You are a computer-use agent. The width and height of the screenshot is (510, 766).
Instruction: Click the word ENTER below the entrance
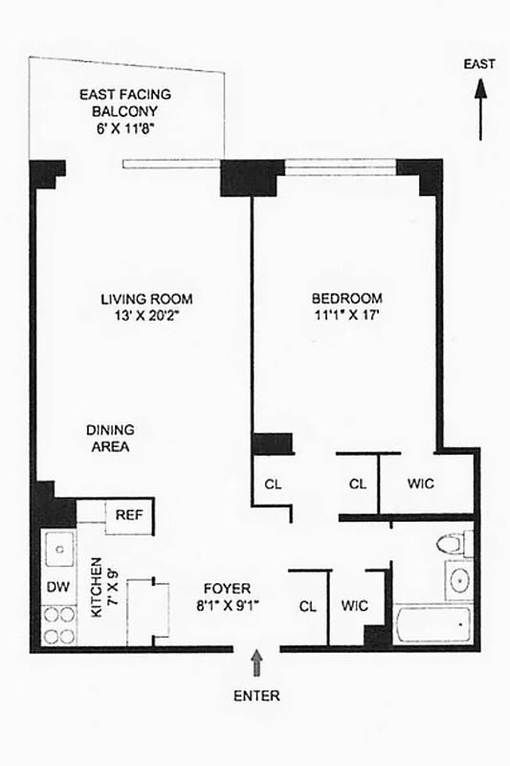[256, 696]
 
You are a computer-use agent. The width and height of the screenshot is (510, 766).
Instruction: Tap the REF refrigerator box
[128, 514]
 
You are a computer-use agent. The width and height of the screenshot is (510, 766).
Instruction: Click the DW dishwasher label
[55, 587]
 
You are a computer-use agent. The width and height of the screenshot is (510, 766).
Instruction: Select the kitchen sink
[58, 550]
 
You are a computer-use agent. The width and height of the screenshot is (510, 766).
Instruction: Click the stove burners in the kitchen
[58, 625]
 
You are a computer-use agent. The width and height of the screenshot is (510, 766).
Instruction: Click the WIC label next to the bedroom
[420, 484]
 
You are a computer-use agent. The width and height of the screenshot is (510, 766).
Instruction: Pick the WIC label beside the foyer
[355, 606]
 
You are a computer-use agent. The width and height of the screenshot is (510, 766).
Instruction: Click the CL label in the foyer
[308, 606]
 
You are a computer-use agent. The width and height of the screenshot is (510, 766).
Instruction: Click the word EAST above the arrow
[479, 65]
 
